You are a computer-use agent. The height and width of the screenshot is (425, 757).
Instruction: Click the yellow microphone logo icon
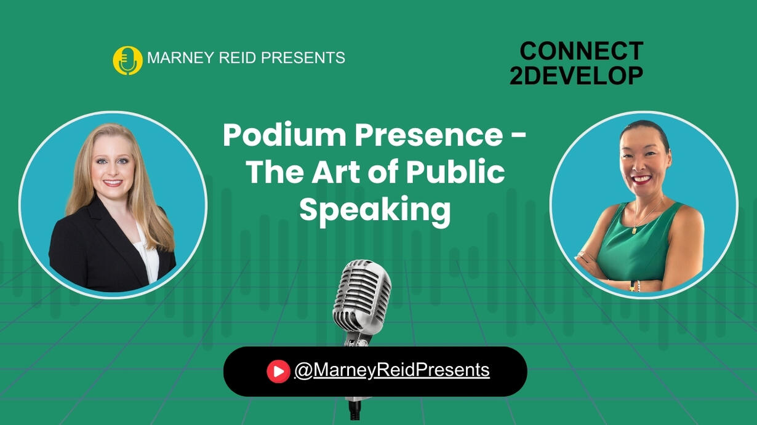pos(127,60)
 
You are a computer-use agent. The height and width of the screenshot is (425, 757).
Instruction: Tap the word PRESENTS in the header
pos(303,57)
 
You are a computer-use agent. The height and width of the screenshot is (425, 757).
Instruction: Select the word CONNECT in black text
pos(581,51)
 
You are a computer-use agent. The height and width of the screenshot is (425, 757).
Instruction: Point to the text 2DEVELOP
pos(577,75)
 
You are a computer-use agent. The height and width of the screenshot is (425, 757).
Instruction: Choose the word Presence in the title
pos(428,136)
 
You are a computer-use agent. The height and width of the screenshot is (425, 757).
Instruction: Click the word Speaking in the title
pos(375,210)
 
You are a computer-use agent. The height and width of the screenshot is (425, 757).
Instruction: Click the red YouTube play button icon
pos(278,371)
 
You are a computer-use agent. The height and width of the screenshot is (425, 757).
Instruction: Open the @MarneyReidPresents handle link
pos(392,371)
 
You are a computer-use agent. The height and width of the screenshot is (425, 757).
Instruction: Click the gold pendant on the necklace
pos(634,230)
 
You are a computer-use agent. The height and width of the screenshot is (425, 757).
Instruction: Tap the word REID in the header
pos(238,57)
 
